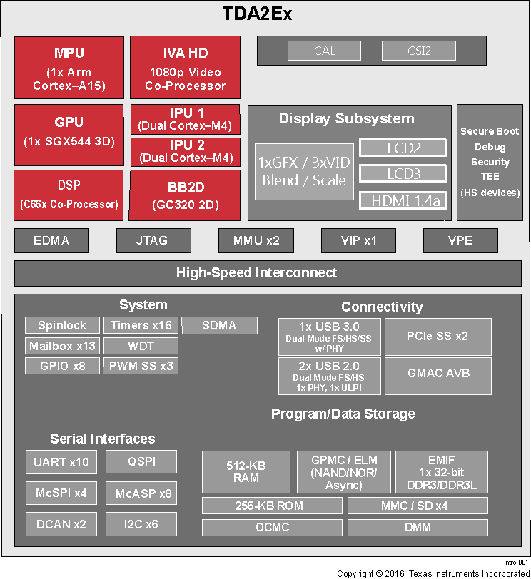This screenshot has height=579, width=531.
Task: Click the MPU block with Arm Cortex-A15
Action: [69, 68]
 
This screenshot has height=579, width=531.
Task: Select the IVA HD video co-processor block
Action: [185, 68]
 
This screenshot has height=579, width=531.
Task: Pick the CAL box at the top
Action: [325, 51]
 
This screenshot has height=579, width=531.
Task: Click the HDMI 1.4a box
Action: [403, 200]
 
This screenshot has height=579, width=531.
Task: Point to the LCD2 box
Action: [403, 148]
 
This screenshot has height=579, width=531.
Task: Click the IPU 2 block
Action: [185, 151]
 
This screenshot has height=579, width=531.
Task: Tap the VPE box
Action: [460, 240]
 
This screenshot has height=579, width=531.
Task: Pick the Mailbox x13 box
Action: [62, 346]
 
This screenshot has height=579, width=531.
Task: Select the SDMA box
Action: [219, 325]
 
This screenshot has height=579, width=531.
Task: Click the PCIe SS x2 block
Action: [438, 337]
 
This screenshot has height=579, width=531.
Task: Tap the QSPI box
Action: [141, 461]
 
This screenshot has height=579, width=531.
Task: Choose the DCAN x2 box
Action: [61, 524]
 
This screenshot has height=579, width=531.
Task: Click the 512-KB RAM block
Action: [246, 471]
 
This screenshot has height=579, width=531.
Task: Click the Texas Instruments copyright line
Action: [433, 573]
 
